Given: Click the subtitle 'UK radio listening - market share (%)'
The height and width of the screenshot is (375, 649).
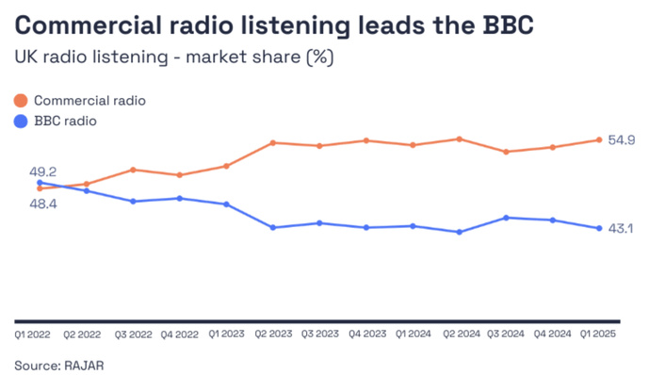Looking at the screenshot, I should coord(174,57).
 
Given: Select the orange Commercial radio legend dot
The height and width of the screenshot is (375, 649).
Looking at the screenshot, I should coord(21,100).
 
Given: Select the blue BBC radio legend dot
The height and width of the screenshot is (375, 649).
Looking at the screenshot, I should coord(21,120).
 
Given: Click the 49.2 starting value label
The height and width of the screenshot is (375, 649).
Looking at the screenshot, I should coord(44,171).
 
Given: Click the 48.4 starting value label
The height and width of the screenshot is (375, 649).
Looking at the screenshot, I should coord(42,204).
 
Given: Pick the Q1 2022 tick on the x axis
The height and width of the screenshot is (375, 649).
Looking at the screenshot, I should coord(33,334).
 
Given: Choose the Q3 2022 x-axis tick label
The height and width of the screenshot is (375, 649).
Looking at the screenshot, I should coord(133,334).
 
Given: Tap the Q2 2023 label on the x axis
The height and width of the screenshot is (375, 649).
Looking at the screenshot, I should coord(272,334).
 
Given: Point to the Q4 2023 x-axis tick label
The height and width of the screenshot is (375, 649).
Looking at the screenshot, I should coord(365,334).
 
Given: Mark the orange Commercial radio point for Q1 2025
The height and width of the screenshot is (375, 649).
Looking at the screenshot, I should coord(599,140).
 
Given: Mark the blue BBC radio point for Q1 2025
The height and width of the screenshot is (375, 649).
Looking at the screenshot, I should coord(599,228).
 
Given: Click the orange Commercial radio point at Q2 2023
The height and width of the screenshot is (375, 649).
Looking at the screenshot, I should coord(272,143).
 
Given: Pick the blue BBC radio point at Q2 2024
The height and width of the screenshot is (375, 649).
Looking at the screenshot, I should coord(459,232).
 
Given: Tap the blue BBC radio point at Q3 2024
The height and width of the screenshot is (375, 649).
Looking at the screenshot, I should coord(507,218).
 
